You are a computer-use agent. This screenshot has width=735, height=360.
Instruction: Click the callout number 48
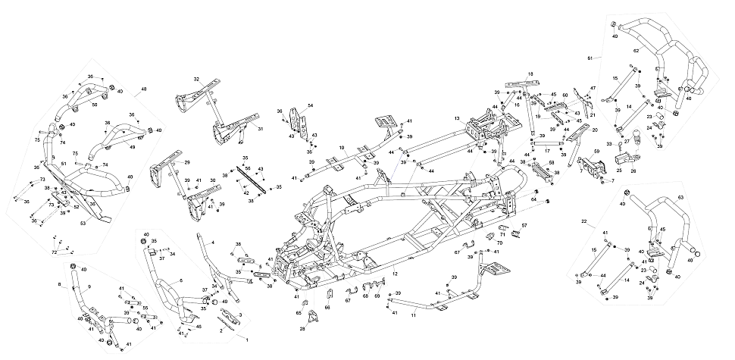click(x=142, y=90)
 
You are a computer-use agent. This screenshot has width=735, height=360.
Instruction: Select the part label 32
click(x=195, y=80)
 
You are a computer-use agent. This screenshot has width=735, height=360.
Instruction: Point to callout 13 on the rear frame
click(x=458, y=119)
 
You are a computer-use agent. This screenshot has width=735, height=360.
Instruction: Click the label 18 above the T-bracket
click(x=530, y=74)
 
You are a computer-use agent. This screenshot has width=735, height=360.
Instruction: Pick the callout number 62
click(x=636, y=51)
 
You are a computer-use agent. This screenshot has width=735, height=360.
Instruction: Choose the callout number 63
click(x=680, y=197)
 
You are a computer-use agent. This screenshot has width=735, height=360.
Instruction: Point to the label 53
click(x=83, y=224)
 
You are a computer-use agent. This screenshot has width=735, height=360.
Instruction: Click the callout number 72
click(x=54, y=252)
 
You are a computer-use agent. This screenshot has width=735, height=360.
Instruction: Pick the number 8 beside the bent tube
click(x=59, y=284)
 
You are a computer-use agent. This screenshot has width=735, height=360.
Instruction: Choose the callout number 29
click(x=166, y=162)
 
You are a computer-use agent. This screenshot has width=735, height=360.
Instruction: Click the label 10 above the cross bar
click(x=342, y=148)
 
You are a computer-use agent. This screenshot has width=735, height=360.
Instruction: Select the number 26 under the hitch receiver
click(x=633, y=171)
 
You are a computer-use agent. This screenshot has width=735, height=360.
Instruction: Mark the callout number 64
click(x=533, y=199)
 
